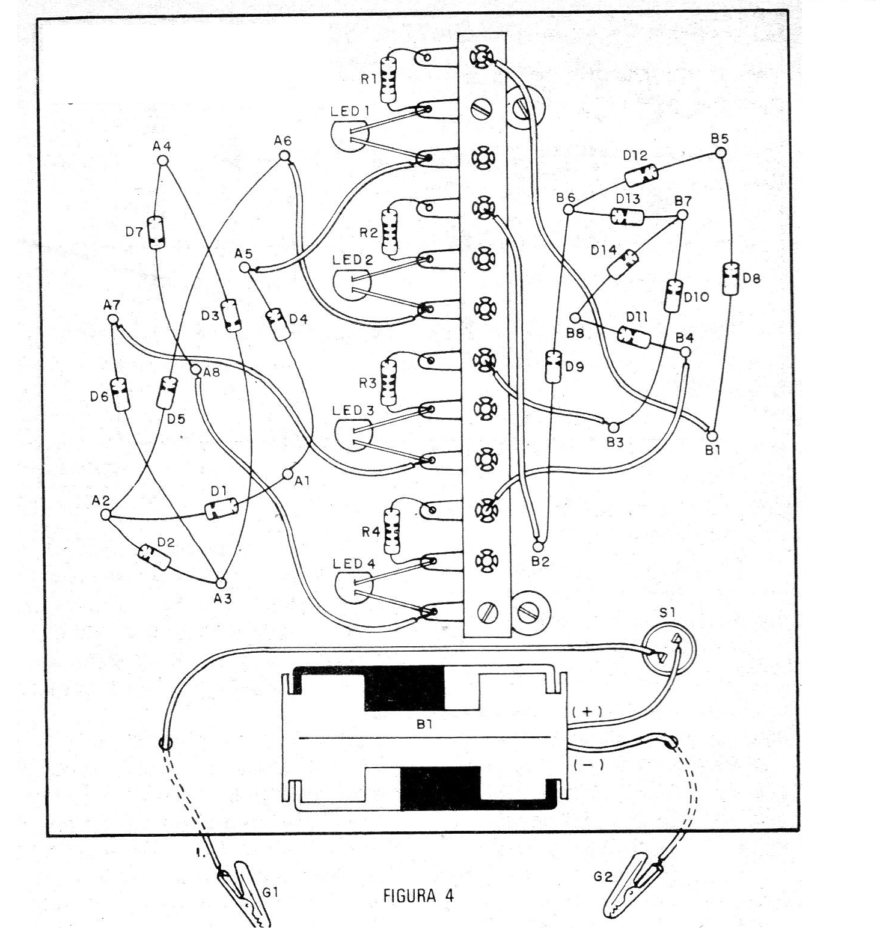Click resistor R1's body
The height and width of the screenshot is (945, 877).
[388, 81]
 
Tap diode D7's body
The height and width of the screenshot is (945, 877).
[156, 232]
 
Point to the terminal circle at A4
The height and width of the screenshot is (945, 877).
[162, 161]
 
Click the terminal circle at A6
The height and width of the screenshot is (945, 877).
[285, 156]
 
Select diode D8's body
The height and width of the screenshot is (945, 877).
[730, 278]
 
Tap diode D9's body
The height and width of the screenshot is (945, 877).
[552, 366]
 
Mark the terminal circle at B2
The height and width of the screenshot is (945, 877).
[539, 546]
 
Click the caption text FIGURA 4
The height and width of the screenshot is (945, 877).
[418, 896]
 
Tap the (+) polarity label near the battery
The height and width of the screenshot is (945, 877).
[587, 711]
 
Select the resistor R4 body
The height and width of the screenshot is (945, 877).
[392, 531]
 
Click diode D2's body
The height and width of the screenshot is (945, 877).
[154, 557]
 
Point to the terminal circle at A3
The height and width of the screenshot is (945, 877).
[221, 583]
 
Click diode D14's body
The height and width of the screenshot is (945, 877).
[623, 263]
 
